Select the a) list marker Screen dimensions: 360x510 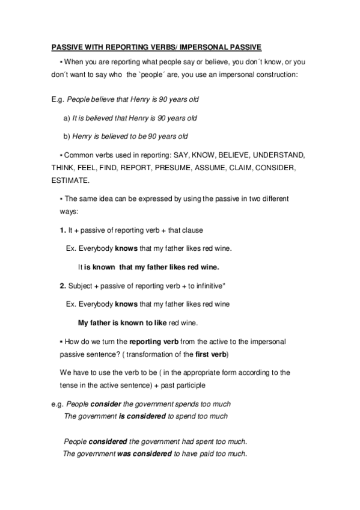(x=66, y=118)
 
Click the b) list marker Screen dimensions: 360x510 (x=66, y=136)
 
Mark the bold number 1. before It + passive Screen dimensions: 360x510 (x=63, y=230)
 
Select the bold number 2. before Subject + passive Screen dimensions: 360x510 (x=63, y=285)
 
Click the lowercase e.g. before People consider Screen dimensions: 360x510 (x=58, y=404)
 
